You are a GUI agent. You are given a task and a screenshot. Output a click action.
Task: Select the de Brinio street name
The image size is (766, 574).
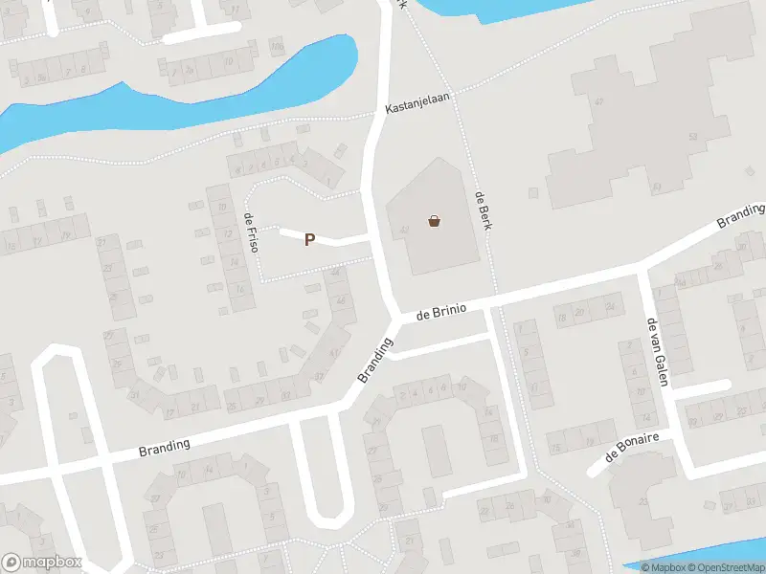point(442,310)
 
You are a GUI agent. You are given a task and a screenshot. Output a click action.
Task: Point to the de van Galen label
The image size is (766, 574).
point(657,351)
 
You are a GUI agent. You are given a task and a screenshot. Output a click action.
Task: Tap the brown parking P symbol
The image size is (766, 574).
point(309,240)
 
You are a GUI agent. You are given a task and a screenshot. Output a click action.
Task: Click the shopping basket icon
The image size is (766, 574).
point(436,222)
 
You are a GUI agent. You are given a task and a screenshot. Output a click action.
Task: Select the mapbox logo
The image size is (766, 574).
point(41,563)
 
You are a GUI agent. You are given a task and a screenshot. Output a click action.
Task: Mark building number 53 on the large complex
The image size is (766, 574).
point(691,137)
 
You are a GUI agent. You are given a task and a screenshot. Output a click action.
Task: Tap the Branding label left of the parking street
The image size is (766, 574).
point(165,445)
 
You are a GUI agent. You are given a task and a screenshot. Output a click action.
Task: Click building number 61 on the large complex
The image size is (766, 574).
point(657,186)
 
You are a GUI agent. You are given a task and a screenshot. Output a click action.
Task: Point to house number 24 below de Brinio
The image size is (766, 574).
point(609,307)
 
